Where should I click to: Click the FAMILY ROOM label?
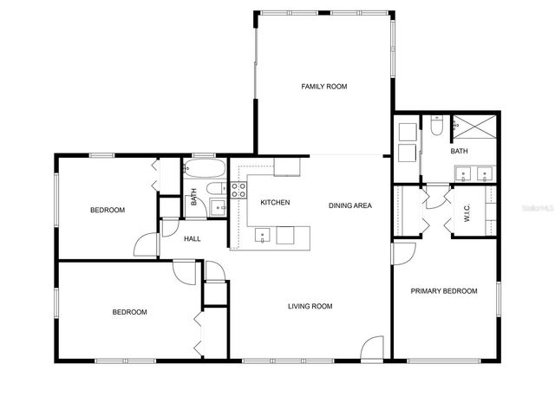[323, 86]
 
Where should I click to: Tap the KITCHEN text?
[275, 203]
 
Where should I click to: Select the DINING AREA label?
[349, 205]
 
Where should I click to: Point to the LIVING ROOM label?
[310, 306]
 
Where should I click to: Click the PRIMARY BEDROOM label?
[443, 291]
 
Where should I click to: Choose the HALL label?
[193, 238]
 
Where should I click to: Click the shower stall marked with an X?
[474, 127]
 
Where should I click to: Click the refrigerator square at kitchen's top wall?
[287, 166]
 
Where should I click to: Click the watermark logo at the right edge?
[537, 209]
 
